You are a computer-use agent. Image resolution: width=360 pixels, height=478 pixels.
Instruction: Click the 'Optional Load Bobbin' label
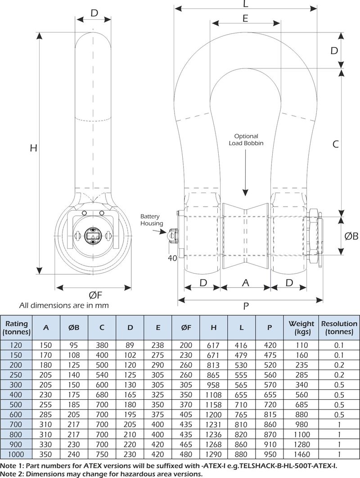point(246,140)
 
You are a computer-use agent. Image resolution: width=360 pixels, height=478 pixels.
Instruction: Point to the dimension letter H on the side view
point(33,148)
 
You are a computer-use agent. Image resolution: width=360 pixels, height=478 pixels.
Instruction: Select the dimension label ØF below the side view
point(95,295)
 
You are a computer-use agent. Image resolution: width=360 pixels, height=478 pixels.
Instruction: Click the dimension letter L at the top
point(245,4)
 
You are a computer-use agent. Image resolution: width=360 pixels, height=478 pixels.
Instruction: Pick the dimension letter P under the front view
point(246,307)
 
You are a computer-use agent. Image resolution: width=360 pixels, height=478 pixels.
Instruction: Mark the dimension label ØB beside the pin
point(351,236)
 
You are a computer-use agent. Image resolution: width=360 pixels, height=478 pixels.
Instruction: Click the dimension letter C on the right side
point(335,144)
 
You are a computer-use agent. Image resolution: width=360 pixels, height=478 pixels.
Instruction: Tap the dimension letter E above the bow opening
point(245,18)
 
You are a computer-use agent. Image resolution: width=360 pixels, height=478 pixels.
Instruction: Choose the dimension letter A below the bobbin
point(245,283)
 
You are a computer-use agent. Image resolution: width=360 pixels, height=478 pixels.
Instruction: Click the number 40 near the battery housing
point(172,258)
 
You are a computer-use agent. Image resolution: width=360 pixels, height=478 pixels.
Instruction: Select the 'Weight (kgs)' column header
point(301,328)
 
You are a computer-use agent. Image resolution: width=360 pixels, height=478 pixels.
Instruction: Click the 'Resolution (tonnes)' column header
point(339,328)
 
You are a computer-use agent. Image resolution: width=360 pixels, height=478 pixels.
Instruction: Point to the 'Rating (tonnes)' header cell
point(16,328)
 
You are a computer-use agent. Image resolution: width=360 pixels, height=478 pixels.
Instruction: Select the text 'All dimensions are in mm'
point(64,306)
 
